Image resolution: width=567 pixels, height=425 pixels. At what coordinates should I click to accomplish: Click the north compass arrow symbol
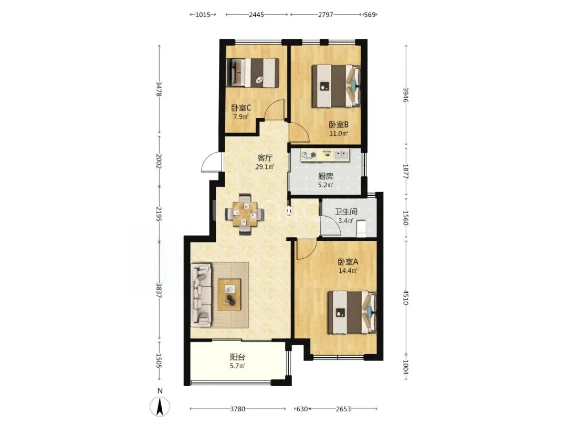pos(160,406)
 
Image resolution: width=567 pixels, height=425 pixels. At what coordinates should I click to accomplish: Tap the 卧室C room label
pos(241,108)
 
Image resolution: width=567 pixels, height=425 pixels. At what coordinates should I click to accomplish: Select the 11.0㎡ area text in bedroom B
pos(339,133)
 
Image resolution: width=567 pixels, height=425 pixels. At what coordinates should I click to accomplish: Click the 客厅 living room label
pos(265,158)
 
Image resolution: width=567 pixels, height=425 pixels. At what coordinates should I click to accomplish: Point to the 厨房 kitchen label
pos(325,176)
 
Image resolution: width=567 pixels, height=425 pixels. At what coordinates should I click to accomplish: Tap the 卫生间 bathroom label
pos(345,211)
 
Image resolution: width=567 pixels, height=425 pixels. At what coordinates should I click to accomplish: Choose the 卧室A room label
pos(348,262)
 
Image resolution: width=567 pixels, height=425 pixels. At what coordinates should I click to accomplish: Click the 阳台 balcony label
pos(238,357)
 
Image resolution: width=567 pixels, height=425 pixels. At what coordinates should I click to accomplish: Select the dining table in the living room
pos(245,215)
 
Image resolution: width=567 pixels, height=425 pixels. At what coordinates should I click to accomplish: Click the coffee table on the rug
pos(229,294)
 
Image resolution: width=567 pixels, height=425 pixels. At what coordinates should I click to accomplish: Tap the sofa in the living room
pos(201,293)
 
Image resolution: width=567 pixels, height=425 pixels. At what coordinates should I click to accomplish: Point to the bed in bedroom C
pos(253,72)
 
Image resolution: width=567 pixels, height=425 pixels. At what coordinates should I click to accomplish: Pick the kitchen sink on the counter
pos(342,155)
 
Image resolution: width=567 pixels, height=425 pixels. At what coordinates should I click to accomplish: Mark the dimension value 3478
pos(159,89)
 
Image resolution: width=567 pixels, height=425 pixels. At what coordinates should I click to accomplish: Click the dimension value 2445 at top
pos(256,15)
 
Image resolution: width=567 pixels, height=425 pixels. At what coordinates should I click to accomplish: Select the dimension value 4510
pos(406,297)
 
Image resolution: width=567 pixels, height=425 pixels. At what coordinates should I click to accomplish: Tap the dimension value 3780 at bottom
pos(238,409)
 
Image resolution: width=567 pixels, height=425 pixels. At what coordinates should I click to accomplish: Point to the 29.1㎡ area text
pos(265,167)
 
